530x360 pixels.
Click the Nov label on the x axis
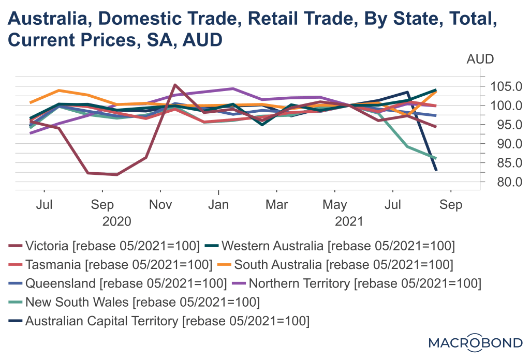pyautogui.click(x=161, y=205)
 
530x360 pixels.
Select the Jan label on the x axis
pyautogui.click(x=219, y=205)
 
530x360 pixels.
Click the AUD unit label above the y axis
pyautogui.click(x=480, y=59)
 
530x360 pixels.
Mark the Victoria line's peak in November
pyautogui.click(x=175, y=84)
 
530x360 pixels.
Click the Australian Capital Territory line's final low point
pyautogui.click(x=436, y=170)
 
